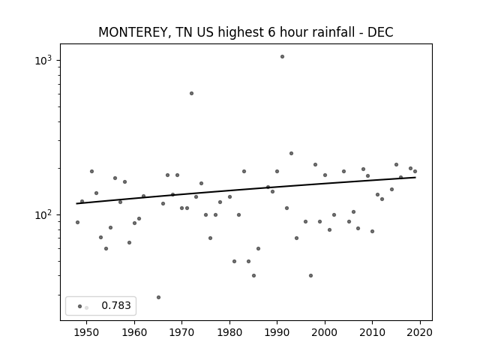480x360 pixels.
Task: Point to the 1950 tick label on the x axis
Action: tap(87, 332)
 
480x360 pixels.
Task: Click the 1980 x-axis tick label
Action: tap(229, 332)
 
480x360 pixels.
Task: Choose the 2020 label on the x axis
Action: tap(420, 332)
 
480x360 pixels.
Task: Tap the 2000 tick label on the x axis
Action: tap(325, 332)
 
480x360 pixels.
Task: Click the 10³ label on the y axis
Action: tap(43, 60)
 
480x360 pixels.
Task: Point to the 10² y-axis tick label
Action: tap(43, 215)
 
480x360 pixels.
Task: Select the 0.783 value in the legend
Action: tap(116, 305)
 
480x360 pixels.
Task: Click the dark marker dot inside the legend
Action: tap(80, 307)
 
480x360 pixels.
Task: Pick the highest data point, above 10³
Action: tap(282, 57)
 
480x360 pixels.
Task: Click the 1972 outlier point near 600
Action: tap(192, 93)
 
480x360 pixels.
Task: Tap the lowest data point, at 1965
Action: tap(158, 297)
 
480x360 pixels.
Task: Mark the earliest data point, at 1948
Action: tap(77, 222)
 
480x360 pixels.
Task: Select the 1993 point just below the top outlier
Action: tap(292, 153)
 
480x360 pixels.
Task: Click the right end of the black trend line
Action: tap(415, 177)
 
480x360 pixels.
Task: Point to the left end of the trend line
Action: tap(76, 203)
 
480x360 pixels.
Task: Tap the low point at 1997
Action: tap(310, 275)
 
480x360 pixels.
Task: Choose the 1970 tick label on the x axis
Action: tap(181, 332)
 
